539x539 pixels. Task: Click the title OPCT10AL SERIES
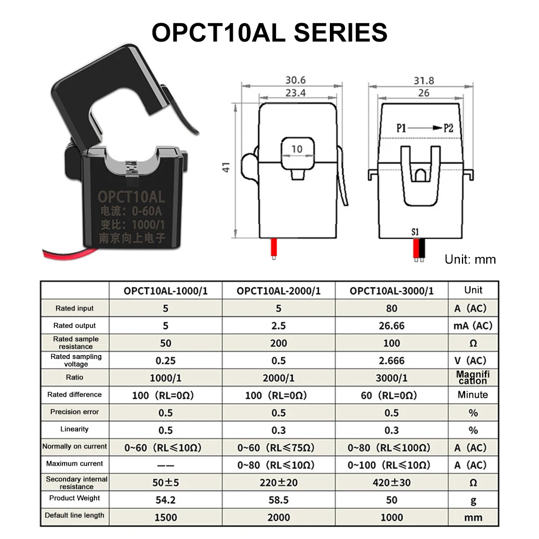pos(269,32)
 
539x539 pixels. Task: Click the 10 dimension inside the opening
pos(297,149)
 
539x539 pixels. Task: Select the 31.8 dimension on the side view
pos(424,80)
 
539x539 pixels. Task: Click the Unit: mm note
pos(470,259)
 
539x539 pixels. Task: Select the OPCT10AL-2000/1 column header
pos(279,291)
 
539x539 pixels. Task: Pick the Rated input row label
pos(74,308)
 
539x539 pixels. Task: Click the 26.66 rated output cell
pos(392,326)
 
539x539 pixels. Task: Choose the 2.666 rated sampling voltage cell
pos(392,361)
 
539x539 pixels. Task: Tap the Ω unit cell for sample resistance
pos(473,343)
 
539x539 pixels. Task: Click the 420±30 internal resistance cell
pos(392,482)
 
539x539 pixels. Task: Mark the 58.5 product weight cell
pos(279,500)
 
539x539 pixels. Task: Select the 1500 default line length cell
pos(165,517)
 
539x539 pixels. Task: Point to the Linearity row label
pos(74,429)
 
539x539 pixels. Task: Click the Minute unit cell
pos(473,395)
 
